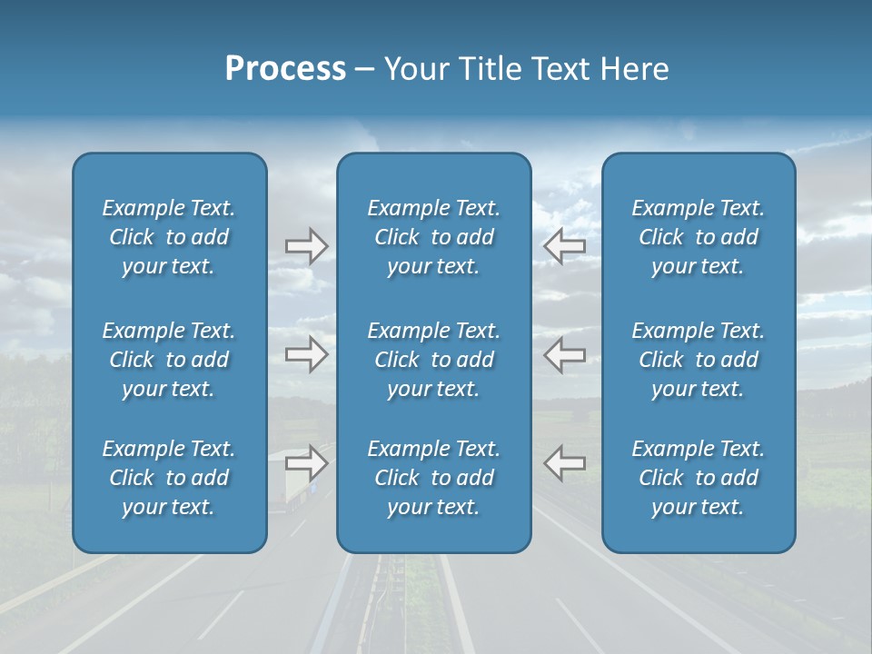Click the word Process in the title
point(285,69)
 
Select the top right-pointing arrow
point(306,246)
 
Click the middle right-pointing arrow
point(306,354)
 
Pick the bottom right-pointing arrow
point(306,463)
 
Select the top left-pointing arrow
point(564,245)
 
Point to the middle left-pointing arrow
point(564,354)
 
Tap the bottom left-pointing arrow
point(564,463)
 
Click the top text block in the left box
point(169,237)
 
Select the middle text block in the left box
point(169,360)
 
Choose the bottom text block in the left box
point(169,478)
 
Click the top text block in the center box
point(433,237)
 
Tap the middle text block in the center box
point(433,360)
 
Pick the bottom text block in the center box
point(433,478)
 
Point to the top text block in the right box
point(698,237)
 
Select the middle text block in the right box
point(698,360)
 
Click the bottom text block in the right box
point(698,478)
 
